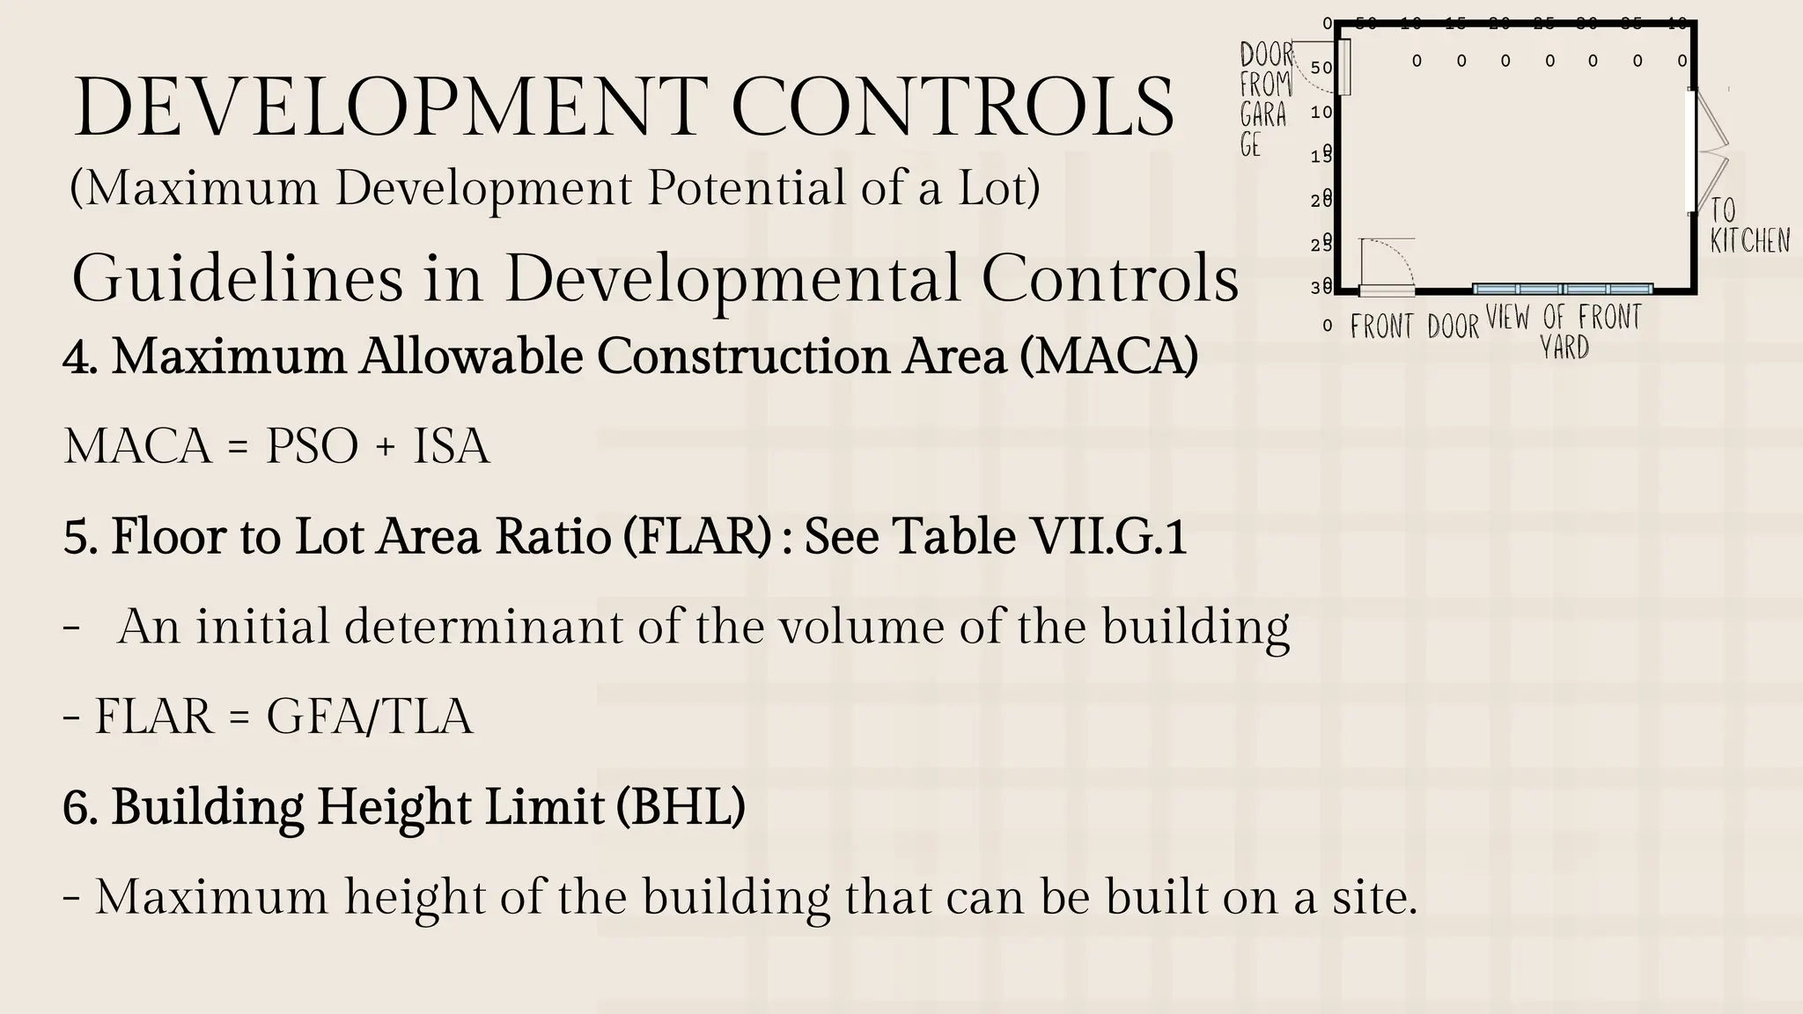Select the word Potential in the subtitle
pyautogui.click(x=747, y=187)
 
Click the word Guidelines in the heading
pyautogui.click(x=237, y=279)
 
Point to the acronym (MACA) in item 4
pyautogui.click(x=1109, y=356)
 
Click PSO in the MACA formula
pyautogui.click(x=312, y=446)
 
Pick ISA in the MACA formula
pyautogui.click(x=451, y=446)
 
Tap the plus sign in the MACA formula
pyautogui.click(x=385, y=447)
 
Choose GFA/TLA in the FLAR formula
pyautogui.click(x=369, y=716)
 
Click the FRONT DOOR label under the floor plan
pyautogui.click(x=1414, y=327)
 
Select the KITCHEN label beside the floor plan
pyautogui.click(x=1749, y=240)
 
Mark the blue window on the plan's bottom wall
pyautogui.click(x=1563, y=289)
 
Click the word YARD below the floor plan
pyautogui.click(x=1564, y=347)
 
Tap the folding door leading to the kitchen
pyautogui.click(x=1711, y=151)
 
